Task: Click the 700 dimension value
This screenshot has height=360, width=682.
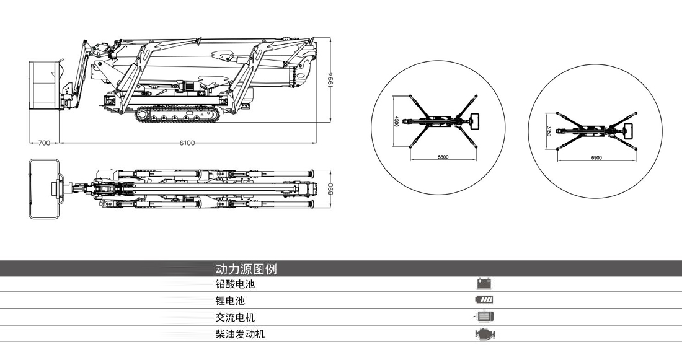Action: pyautogui.click(x=43, y=143)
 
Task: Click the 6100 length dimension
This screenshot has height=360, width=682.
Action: pyautogui.click(x=187, y=143)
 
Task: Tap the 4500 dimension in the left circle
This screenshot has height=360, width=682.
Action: pyautogui.click(x=397, y=121)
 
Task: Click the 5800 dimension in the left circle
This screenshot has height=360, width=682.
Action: pyautogui.click(x=443, y=157)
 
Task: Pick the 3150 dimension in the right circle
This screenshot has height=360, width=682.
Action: pyautogui.click(x=549, y=131)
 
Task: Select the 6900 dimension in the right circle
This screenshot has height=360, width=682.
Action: pyautogui.click(x=596, y=158)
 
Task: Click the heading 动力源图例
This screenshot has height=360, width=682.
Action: pyautogui.click(x=246, y=269)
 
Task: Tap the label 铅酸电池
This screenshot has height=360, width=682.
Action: pyautogui.click(x=235, y=284)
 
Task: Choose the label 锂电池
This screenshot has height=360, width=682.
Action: pyautogui.click(x=230, y=301)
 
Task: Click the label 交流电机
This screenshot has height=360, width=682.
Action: pyautogui.click(x=235, y=317)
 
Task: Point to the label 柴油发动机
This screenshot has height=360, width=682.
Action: pyautogui.click(x=240, y=334)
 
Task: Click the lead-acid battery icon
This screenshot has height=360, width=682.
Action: pyautogui.click(x=484, y=284)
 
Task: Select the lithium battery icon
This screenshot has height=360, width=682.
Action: pyautogui.click(x=484, y=301)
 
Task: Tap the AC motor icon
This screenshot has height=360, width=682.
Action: pyautogui.click(x=484, y=317)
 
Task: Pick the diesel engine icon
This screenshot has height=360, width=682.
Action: pyautogui.click(x=484, y=334)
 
